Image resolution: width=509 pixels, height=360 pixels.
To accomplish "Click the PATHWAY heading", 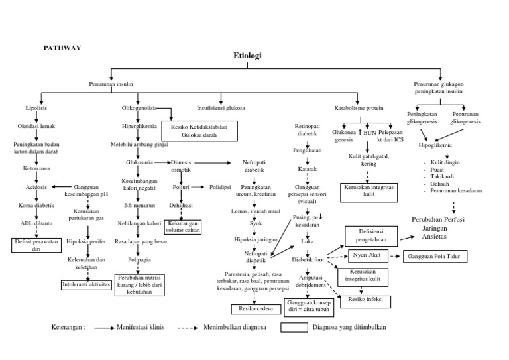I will click(x=62, y=48).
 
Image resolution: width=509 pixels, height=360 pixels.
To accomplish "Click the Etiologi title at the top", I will click(x=247, y=56).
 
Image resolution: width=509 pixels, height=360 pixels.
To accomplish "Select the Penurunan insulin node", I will click(x=111, y=84).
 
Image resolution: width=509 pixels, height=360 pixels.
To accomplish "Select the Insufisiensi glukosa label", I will click(x=221, y=107).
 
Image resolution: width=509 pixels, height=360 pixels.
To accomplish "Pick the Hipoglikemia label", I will click(x=435, y=143).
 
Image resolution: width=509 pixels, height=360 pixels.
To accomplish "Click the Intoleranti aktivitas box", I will click(x=85, y=284).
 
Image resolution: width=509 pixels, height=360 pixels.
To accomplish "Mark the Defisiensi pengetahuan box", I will click(x=370, y=235).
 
